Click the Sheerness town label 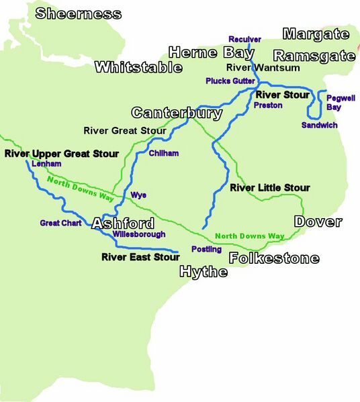pyautogui.click(x=79, y=13)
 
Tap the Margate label pyautogui.click(x=316, y=34)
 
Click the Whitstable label pyautogui.click(x=138, y=67)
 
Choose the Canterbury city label pyautogui.click(x=177, y=113)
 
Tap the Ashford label pyautogui.click(x=123, y=223)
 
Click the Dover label pyautogui.click(x=318, y=221)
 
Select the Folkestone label pyautogui.click(x=274, y=258)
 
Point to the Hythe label pyautogui.click(x=203, y=272)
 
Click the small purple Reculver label pyautogui.click(x=244, y=39)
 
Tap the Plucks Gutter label pyautogui.click(x=230, y=81)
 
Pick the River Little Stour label pyautogui.click(x=270, y=188)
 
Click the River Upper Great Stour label pyautogui.click(x=61, y=154)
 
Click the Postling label pyautogui.click(x=206, y=249)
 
